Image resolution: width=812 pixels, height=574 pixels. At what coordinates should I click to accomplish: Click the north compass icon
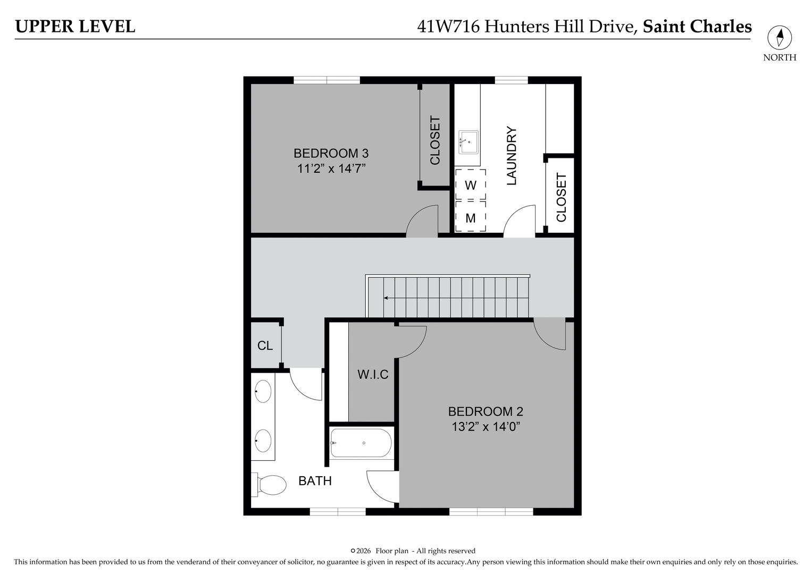779,38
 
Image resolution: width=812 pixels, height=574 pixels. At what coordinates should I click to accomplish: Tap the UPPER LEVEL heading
75,27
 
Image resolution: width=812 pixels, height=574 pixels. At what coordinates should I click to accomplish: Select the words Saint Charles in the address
697,27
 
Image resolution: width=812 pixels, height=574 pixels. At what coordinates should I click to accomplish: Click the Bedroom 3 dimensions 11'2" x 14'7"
331,169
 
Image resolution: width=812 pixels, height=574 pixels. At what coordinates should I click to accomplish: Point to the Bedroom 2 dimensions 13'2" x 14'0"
485,427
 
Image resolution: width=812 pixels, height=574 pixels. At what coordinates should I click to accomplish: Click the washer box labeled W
471,185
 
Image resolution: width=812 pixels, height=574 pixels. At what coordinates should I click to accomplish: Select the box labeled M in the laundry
471,217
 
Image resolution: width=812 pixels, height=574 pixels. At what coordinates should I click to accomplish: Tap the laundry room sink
468,142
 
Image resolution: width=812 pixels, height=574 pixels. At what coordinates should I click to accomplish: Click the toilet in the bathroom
271,485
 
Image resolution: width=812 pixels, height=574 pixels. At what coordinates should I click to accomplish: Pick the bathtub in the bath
361,443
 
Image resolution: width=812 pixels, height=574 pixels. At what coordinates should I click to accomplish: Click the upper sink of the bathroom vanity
263,391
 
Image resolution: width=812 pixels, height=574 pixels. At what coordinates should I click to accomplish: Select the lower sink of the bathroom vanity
263,441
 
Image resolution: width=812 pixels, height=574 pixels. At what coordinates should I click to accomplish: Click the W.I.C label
373,375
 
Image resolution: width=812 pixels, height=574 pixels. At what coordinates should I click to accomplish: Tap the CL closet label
265,346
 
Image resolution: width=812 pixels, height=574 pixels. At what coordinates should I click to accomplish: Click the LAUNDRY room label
512,156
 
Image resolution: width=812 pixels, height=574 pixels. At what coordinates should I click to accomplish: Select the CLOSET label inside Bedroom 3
435,140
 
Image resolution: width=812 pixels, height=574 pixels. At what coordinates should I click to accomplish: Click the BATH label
315,481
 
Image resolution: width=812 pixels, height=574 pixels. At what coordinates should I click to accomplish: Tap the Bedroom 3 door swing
422,222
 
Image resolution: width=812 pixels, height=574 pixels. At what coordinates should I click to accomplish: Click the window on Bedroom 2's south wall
491,511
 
